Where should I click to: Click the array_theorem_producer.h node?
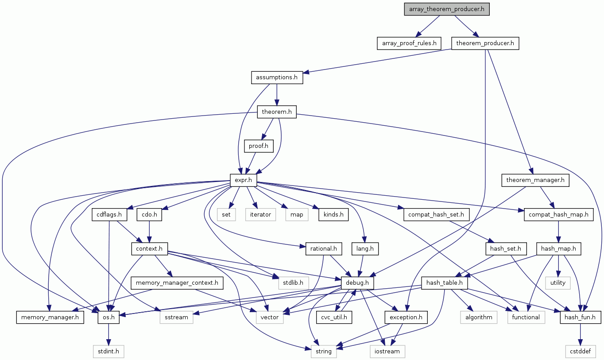click(446, 10)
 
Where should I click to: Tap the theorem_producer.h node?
click(484, 43)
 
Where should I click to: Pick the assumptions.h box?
click(277, 77)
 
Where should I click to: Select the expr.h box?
click(244, 180)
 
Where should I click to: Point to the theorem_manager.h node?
click(535, 180)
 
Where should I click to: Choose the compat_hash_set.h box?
click(436, 215)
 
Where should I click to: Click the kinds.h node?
click(333, 215)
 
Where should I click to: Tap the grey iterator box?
click(260, 215)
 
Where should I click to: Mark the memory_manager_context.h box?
click(177, 283)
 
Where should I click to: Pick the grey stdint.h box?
click(108, 351)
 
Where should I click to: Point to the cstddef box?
click(580, 351)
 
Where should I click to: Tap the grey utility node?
click(558, 283)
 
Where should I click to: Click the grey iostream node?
click(387, 351)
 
